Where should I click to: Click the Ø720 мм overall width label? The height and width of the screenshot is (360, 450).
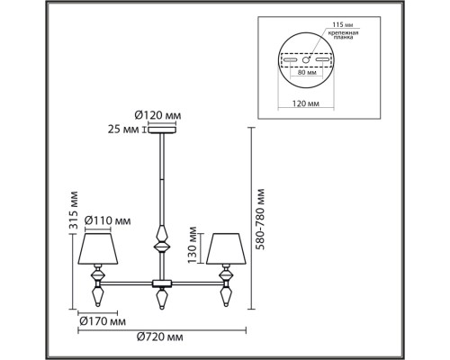(x=159, y=337)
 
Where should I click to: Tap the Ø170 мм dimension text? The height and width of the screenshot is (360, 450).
(x=103, y=321)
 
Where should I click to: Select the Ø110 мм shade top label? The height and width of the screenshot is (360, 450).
(x=107, y=220)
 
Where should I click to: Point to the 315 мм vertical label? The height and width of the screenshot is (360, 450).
(x=73, y=210)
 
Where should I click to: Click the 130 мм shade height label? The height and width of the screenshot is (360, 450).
(x=193, y=245)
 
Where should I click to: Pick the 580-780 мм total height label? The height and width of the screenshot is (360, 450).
(x=260, y=220)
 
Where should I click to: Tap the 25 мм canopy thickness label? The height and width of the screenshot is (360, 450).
(x=123, y=130)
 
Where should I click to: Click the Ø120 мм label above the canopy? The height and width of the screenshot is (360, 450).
(x=157, y=115)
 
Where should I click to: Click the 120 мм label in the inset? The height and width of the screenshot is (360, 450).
(x=306, y=103)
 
